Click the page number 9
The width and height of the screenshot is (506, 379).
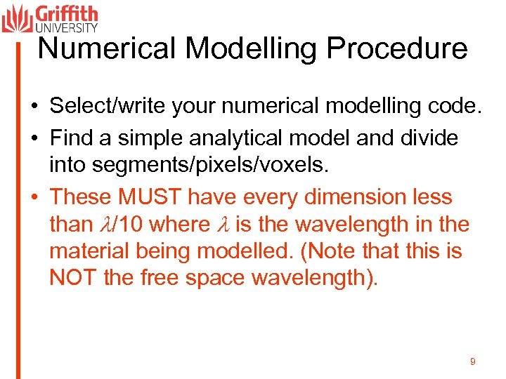472,361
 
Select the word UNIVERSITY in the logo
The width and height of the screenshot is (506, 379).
66,27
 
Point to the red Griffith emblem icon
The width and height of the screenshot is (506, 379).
17,18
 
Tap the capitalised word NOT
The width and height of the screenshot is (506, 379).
73,277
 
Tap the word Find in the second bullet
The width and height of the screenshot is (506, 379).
72,138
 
